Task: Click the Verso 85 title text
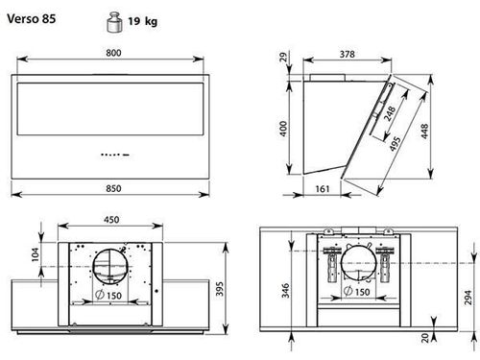pyautogui.click(x=32, y=18)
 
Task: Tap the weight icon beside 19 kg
pyautogui.click(x=114, y=22)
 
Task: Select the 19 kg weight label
pyautogui.click(x=142, y=21)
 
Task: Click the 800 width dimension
pyautogui.click(x=113, y=53)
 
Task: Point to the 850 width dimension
pyautogui.click(x=113, y=188)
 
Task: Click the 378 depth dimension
pyautogui.click(x=348, y=54)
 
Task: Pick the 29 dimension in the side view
pyautogui.click(x=284, y=58)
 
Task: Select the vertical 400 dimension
pyautogui.click(x=283, y=129)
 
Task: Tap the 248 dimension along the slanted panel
pyautogui.click(x=390, y=114)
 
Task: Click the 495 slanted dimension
pyautogui.click(x=395, y=144)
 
